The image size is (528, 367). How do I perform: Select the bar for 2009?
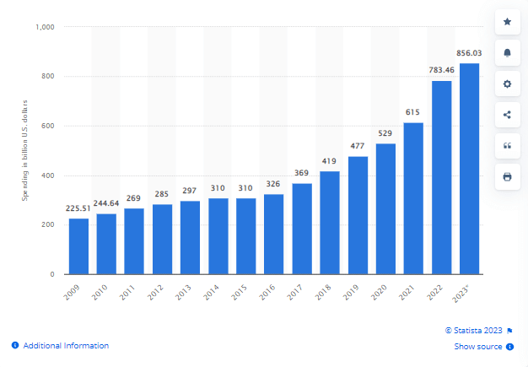78,246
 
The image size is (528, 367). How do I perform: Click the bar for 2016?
274,234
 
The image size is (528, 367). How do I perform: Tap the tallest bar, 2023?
469,169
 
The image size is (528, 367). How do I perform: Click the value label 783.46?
441,70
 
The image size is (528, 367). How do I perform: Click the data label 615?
413,112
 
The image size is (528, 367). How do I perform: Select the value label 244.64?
106,203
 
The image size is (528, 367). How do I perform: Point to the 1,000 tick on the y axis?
46,27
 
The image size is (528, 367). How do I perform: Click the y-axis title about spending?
25,151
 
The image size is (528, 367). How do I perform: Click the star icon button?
507,21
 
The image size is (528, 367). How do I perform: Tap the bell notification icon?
507,52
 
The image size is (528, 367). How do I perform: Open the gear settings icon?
507,84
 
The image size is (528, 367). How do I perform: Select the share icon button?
507,115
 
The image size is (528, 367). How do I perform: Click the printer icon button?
507,176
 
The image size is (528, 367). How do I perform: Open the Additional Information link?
65,345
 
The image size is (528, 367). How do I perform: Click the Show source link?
478,347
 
